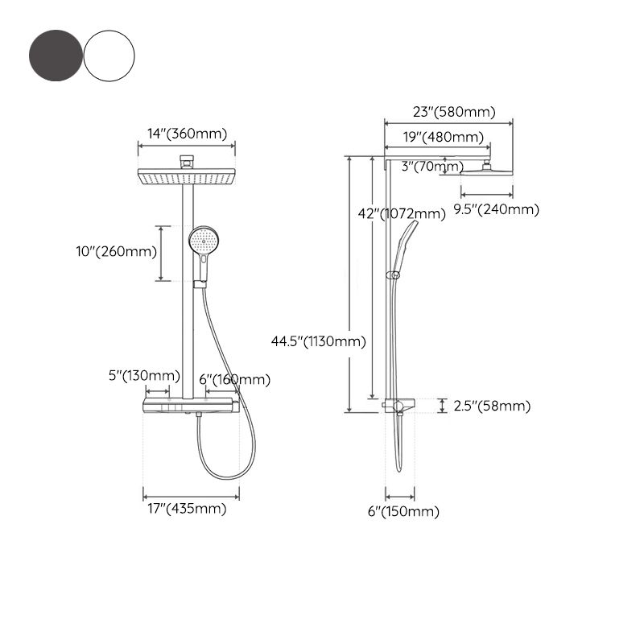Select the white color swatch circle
pos(109,55)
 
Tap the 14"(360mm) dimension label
pos(187,134)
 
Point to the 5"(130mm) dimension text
pos(143,376)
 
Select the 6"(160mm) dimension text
pos(234,379)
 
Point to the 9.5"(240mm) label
pos(496,209)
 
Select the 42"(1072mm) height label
pos(401,213)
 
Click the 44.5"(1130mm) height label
pos(319,341)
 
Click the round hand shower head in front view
pos(203,239)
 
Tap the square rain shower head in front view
pos(188,176)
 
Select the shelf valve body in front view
pos(190,405)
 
